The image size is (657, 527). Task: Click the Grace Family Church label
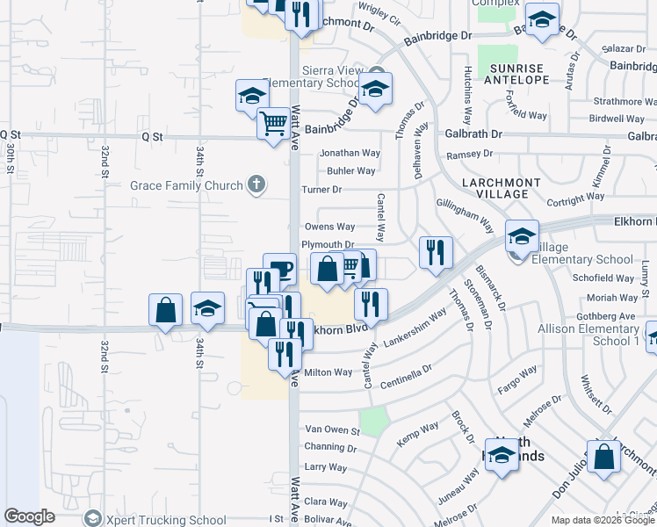tap(186, 186)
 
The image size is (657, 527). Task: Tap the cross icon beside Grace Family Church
tap(256, 184)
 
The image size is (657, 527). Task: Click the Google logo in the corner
tap(29, 516)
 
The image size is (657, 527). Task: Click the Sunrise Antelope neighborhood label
tap(517, 74)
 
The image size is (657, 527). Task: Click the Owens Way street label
tap(329, 227)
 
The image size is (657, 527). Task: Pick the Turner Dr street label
tap(321, 190)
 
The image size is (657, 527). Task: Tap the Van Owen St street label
tap(332, 430)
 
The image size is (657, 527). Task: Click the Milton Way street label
tap(328, 372)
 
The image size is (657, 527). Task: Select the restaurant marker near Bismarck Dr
tap(436, 253)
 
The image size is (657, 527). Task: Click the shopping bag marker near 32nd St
tap(165, 310)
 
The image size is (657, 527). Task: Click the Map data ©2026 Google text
tap(603, 520)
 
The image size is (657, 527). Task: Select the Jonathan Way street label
tap(350, 153)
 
